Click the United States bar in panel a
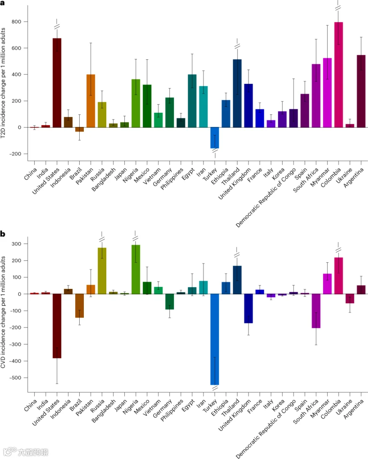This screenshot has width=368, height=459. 57,83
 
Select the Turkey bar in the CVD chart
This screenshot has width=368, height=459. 215,339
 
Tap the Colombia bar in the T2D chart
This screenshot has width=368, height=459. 339,75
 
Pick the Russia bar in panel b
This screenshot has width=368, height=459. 102,271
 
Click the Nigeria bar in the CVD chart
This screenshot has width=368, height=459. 136,269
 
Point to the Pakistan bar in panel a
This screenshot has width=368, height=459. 91,101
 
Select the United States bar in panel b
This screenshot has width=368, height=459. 57,326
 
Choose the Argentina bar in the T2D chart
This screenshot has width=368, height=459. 361,91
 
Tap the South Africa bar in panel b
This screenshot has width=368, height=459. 316,311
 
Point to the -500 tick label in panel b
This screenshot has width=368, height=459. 15,378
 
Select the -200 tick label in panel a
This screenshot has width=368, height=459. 15,154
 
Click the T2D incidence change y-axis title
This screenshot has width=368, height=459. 3,83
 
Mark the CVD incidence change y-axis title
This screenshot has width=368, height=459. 3,312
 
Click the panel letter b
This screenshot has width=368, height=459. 2,234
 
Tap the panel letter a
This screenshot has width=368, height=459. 2,3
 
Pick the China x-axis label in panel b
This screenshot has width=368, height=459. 30,405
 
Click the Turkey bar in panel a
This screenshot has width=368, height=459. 215,138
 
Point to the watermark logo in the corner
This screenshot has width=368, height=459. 10,451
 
